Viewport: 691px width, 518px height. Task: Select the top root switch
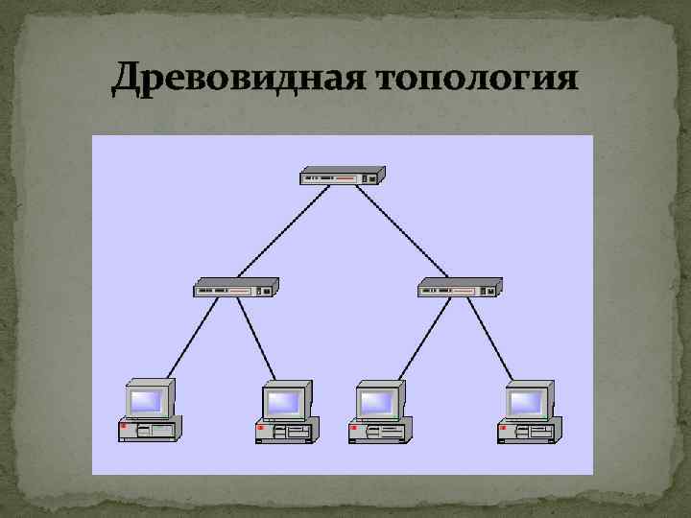(x=342, y=176)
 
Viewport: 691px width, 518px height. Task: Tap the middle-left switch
(x=236, y=287)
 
